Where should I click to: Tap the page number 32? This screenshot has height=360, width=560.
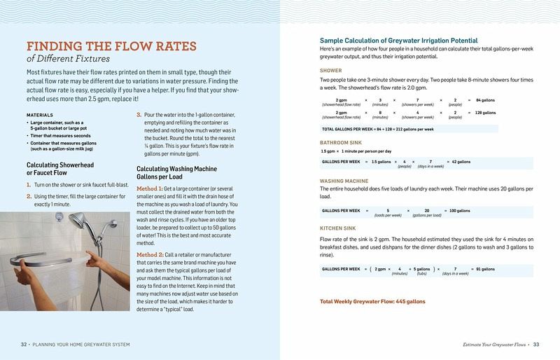pos(24,345)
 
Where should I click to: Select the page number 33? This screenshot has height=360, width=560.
pos(535,345)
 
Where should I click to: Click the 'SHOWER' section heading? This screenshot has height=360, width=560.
pos(331,71)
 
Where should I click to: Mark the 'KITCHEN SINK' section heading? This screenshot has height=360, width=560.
pos(339,229)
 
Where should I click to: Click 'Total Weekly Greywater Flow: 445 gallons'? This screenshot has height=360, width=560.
pos(372,302)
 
